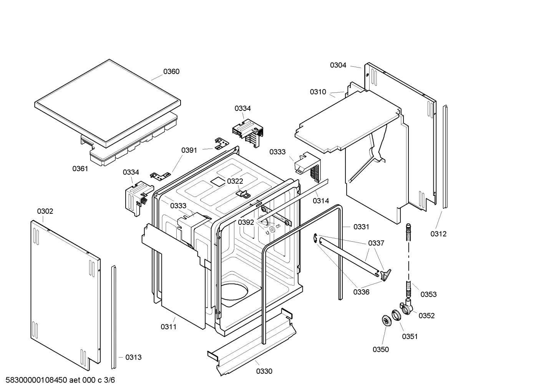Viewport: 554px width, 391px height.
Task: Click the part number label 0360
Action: coord(171,71)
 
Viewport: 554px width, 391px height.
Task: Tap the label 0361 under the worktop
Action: coord(80,168)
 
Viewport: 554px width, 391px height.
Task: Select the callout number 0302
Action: coord(45,211)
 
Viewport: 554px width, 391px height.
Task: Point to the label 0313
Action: coord(133,357)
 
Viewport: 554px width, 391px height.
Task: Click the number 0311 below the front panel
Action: coord(169,327)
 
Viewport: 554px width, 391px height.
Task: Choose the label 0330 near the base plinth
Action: coord(264,371)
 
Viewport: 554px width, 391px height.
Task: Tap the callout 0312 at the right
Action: coord(438,234)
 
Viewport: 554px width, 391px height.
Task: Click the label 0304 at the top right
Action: coord(338,65)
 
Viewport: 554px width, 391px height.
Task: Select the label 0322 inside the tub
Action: coord(235,181)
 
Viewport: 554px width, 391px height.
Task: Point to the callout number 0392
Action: coord(246,222)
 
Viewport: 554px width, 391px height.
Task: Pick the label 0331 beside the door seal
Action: coord(361,227)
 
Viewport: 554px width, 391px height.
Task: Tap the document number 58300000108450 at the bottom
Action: coord(36,380)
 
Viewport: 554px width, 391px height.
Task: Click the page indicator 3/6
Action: coord(109,380)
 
